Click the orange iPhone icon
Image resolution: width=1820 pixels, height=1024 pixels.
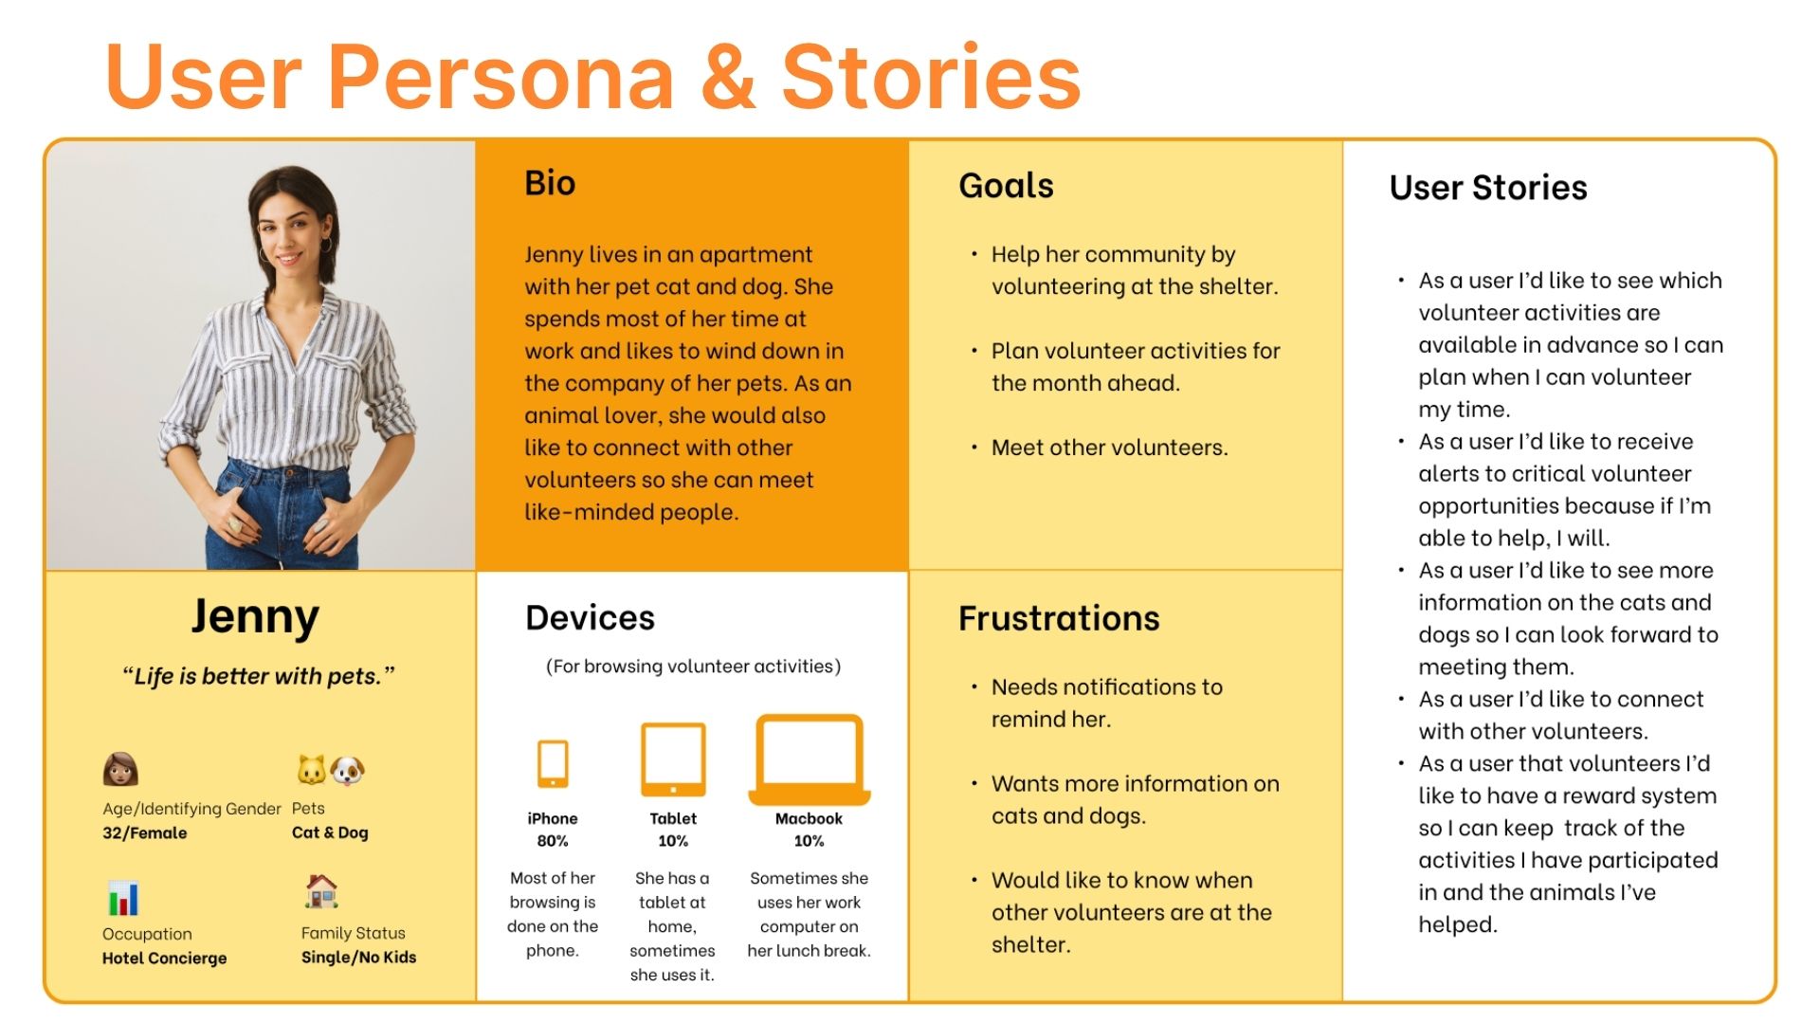tap(553, 763)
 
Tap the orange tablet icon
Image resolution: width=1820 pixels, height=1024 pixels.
tap(673, 759)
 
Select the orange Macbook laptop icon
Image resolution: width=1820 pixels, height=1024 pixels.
tap(810, 759)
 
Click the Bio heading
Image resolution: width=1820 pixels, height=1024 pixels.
tap(550, 183)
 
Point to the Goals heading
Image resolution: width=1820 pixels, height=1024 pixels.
tap(1006, 186)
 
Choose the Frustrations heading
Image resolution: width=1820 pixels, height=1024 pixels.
tap(1059, 618)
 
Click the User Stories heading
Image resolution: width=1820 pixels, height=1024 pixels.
tap(1488, 188)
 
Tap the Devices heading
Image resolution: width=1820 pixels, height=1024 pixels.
tap(590, 618)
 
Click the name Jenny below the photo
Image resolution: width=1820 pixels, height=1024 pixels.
tap(255, 618)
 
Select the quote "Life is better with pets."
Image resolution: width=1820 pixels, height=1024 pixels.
tap(258, 676)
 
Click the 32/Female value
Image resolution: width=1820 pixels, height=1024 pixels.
tap(145, 833)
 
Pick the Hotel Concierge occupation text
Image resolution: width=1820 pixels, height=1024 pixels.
tap(165, 959)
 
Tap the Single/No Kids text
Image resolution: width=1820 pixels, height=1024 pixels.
tap(358, 958)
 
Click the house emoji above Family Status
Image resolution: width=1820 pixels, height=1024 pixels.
tap(322, 891)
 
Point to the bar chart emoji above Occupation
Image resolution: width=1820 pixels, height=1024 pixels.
tap(123, 898)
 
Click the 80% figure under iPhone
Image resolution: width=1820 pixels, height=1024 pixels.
tap(553, 841)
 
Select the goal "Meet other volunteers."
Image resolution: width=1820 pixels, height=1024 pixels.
tap(1109, 448)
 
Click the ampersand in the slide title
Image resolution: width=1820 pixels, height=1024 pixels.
tap(727, 76)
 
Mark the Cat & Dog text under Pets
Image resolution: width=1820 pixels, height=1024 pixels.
tap(330, 832)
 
